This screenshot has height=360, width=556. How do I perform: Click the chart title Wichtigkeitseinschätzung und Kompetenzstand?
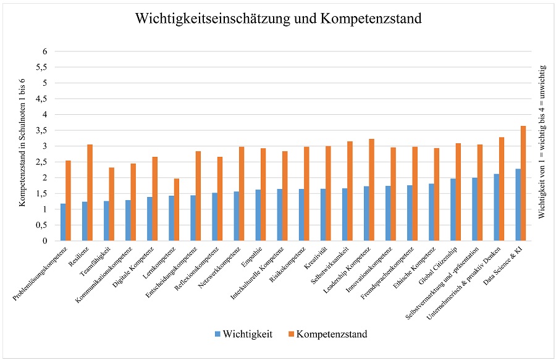coord(278,19)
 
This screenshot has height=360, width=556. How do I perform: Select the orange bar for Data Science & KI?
coord(523,183)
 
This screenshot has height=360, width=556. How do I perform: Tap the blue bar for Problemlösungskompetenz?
coord(63,222)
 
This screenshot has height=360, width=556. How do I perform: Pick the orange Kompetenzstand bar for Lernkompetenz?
coord(176,210)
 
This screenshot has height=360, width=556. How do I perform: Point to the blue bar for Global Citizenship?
coord(453,210)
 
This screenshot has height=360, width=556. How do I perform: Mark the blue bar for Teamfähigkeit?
coord(106,221)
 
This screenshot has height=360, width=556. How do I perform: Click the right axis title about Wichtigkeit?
coord(542,146)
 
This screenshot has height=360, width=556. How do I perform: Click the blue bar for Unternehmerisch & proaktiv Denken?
coord(497,207)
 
